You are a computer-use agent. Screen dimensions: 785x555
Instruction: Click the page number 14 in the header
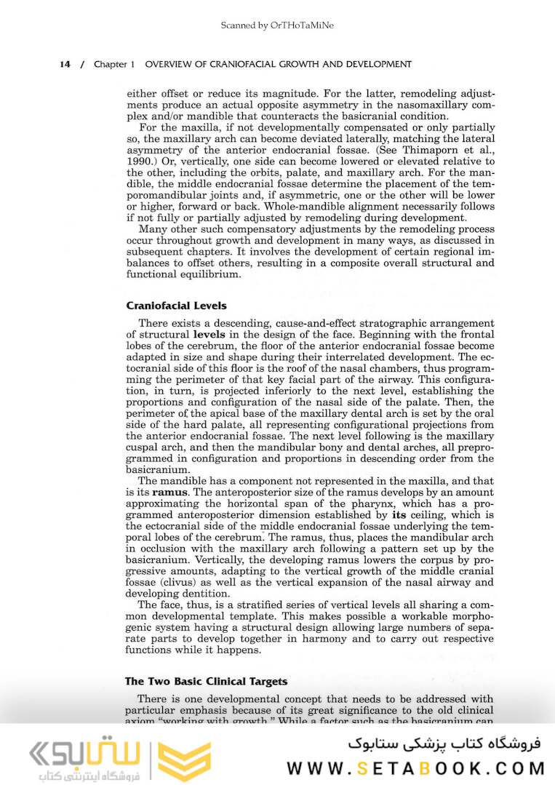(65, 65)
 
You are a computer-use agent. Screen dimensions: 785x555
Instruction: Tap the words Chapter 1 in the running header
(114, 65)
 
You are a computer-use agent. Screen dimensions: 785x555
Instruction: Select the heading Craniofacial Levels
(176, 306)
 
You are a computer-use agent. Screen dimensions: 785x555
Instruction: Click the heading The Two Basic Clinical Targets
(206, 682)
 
